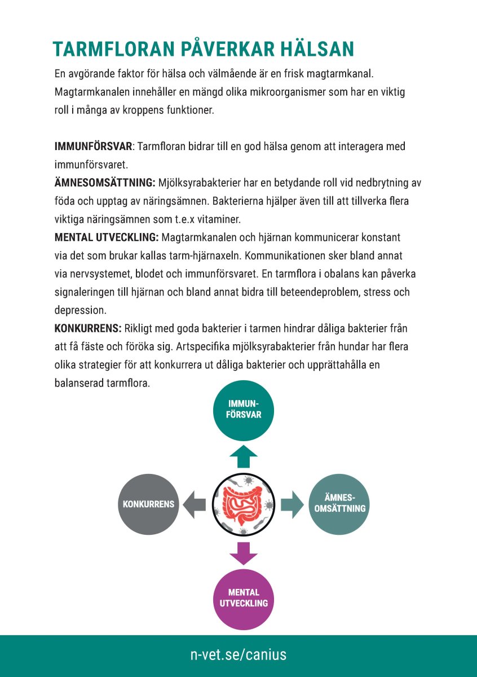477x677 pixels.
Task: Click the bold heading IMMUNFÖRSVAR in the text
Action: [x=93, y=147]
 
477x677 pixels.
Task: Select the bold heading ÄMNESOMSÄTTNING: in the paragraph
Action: [x=105, y=183]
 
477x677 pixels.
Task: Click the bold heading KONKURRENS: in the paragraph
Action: [x=88, y=328]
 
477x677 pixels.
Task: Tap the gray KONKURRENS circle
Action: [x=149, y=504]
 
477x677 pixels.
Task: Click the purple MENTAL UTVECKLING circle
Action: [x=244, y=598]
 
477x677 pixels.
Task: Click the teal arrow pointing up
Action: [x=244, y=455]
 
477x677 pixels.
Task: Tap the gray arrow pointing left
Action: [x=195, y=504]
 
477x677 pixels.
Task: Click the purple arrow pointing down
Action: [x=244, y=553]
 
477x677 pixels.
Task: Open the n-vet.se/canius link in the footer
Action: [x=238, y=654]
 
